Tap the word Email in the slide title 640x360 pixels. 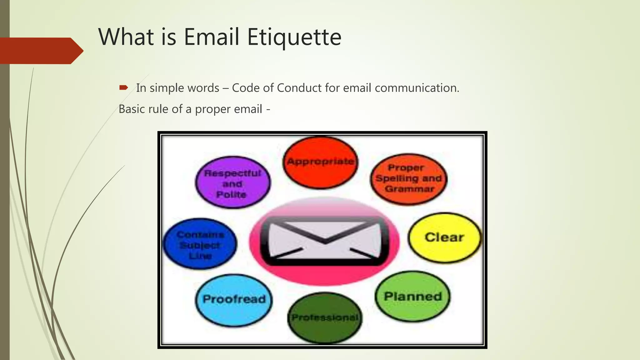pyautogui.click(x=212, y=37)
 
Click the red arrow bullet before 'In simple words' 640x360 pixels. pyautogui.click(x=123, y=88)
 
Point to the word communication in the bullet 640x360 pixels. pyautogui.click(x=417, y=88)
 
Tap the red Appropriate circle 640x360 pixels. pyautogui.click(x=320, y=162)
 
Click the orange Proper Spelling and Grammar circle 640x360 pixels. pyautogui.click(x=409, y=179)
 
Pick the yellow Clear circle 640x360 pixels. pyautogui.click(x=444, y=237)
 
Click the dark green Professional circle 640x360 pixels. pyautogui.click(x=325, y=317)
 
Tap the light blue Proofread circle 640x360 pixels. pyautogui.click(x=234, y=299)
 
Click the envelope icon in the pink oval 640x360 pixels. pyautogui.click(x=324, y=241)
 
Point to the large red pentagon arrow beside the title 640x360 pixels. pyautogui.click(x=41, y=51)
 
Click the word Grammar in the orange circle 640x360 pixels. pyautogui.click(x=409, y=189)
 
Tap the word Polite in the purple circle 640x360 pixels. pyautogui.click(x=231, y=195)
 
